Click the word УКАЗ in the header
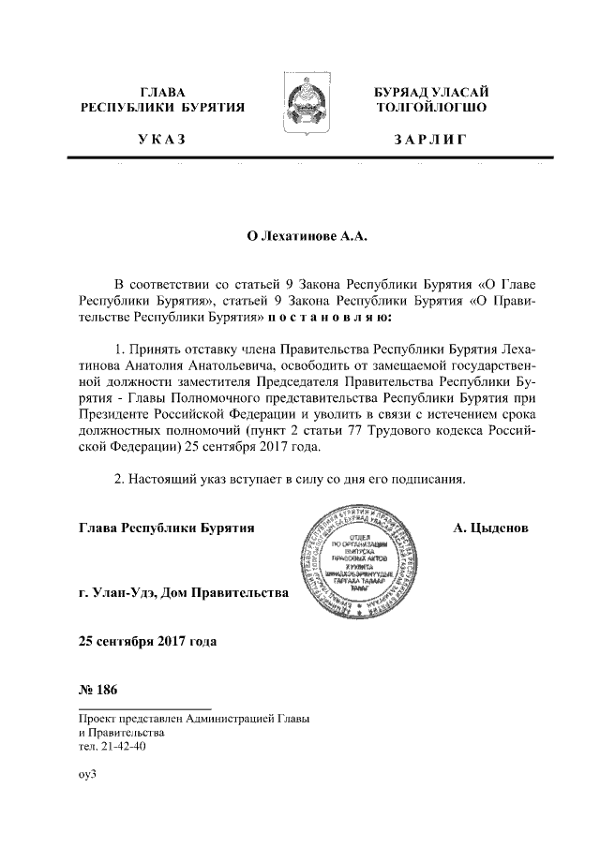point(162,141)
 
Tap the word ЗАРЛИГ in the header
point(430,141)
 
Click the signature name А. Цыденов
point(490,528)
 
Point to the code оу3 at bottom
point(88,777)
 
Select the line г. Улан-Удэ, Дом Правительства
point(184,593)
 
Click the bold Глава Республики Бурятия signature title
point(167,528)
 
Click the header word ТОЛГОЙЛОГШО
point(430,108)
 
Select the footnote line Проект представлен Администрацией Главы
point(194,719)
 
